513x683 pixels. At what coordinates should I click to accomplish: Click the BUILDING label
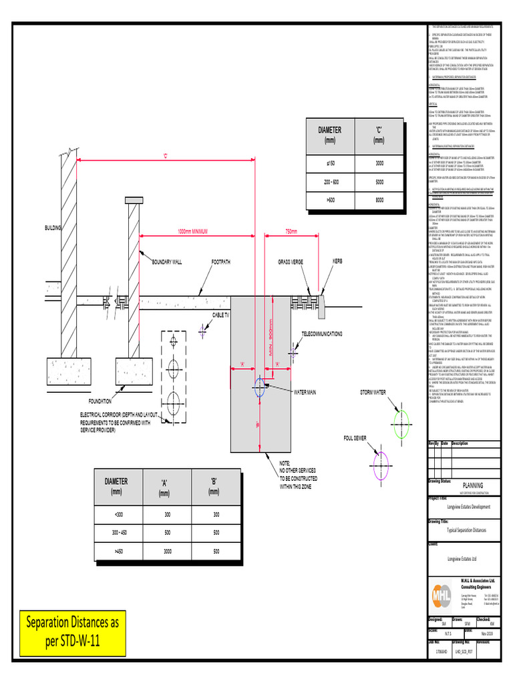53,228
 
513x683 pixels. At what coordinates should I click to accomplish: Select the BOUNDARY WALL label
148,262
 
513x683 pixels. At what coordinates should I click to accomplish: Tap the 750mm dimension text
291,231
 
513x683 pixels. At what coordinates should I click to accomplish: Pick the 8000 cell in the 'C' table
379,199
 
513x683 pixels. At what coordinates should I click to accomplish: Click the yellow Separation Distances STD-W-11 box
72,632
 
